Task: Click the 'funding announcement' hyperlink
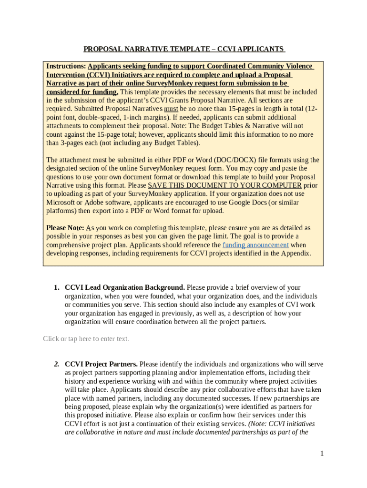click(x=255, y=245)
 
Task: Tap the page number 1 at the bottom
click(x=322, y=453)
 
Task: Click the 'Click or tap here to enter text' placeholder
click(x=86, y=339)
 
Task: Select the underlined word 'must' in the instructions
click(x=171, y=109)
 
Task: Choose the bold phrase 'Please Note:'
click(x=65, y=228)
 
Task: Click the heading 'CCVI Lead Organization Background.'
click(x=125, y=287)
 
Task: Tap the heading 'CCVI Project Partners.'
click(x=101, y=364)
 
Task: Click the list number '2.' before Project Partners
click(x=56, y=364)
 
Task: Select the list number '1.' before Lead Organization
click(x=56, y=287)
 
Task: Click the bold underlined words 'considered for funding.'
click(x=82, y=92)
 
